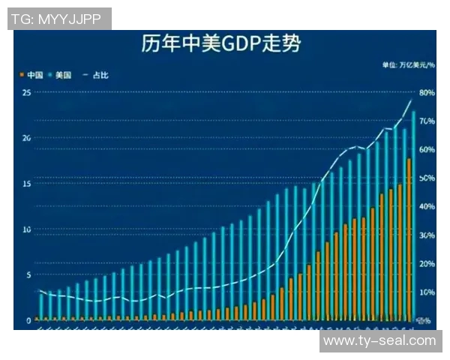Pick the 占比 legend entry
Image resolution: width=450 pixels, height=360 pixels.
(98, 75)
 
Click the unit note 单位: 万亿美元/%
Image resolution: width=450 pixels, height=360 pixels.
(408, 66)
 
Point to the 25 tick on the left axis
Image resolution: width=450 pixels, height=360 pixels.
(26, 92)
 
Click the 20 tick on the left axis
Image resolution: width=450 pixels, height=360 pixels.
(26, 138)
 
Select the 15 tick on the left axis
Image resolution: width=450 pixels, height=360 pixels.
(26, 184)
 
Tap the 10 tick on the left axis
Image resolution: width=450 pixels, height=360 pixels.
(26, 229)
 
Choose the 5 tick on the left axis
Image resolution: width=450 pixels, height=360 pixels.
(28, 274)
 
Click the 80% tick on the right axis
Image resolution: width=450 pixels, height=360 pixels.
(426, 93)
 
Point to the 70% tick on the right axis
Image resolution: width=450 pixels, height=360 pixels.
(426, 121)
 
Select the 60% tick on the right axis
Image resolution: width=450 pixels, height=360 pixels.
(426, 150)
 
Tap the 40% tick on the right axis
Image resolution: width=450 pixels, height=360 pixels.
(426, 207)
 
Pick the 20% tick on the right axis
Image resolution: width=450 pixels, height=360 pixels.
(426, 264)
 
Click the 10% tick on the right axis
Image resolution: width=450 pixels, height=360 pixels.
(426, 292)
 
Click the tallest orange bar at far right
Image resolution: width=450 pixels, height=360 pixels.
(409, 240)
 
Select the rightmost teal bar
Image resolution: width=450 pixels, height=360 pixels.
(414, 217)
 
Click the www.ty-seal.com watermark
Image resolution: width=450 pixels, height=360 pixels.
(379, 340)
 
